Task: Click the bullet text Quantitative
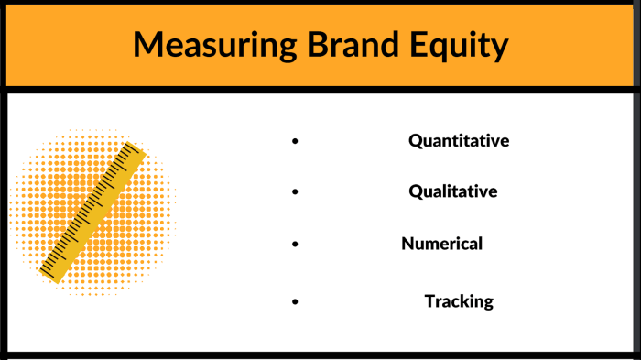click(x=458, y=141)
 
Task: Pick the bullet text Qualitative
click(x=453, y=191)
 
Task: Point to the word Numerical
click(x=441, y=244)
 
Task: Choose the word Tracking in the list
click(x=459, y=301)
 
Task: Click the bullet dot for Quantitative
click(x=295, y=142)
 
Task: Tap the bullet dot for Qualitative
click(x=295, y=192)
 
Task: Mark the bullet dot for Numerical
click(x=295, y=245)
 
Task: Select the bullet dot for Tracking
click(x=295, y=301)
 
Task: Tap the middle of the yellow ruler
click(x=92, y=212)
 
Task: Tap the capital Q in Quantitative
click(x=415, y=141)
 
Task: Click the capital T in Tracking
click(x=429, y=301)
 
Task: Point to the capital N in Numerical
click(x=407, y=244)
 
